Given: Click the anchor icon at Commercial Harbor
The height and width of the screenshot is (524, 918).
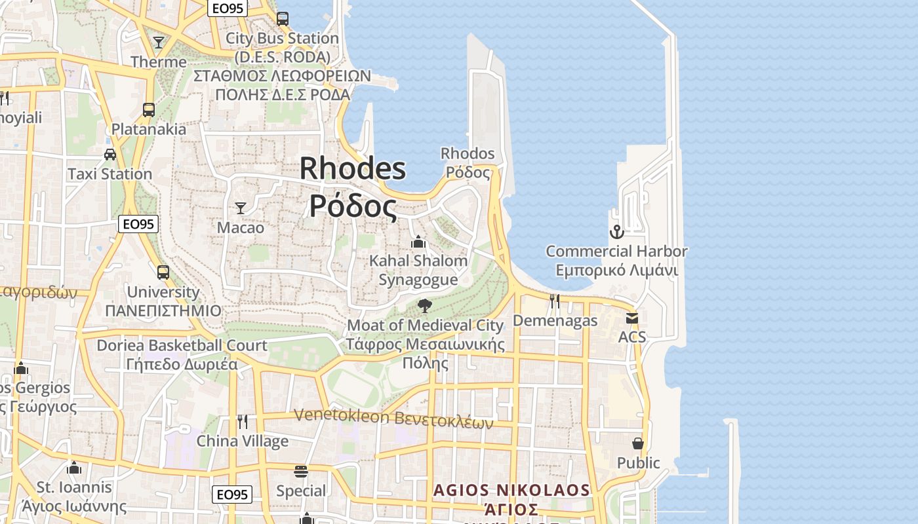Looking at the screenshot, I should click(x=616, y=231).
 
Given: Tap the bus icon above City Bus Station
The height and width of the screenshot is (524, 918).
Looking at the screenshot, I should click(x=283, y=18).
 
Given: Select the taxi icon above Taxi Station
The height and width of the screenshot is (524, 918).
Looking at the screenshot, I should click(x=110, y=155).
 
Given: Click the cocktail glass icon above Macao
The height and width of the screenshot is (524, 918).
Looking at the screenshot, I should click(x=241, y=208).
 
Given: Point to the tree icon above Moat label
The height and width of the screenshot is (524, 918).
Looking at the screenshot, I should click(x=425, y=305).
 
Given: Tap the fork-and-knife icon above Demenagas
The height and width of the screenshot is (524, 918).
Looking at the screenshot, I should click(x=555, y=301).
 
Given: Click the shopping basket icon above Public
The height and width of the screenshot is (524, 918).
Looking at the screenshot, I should click(x=638, y=443).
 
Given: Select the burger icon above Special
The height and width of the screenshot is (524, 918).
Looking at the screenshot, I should click(x=301, y=472).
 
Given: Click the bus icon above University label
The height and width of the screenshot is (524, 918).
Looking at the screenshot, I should click(x=163, y=272).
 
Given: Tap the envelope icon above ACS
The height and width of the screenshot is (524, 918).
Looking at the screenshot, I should click(x=632, y=318).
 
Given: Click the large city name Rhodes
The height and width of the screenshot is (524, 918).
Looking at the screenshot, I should click(x=353, y=169).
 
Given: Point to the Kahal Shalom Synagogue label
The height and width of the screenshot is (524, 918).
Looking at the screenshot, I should click(x=418, y=270).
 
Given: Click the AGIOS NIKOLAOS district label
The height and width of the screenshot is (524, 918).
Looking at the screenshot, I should click(x=511, y=490).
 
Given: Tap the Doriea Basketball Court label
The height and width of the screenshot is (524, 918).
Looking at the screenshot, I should click(x=182, y=345).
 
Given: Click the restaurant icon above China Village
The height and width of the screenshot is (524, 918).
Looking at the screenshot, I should click(x=243, y=421).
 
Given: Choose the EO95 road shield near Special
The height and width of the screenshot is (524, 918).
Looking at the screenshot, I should click(x=232, y=495).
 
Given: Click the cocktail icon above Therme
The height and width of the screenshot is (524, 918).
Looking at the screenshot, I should click(x=159, y=43).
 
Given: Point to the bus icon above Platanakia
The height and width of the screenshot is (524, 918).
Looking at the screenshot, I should click(x=149, y=109).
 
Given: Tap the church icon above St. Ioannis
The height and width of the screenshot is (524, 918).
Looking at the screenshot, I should click(x=74, y=468).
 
